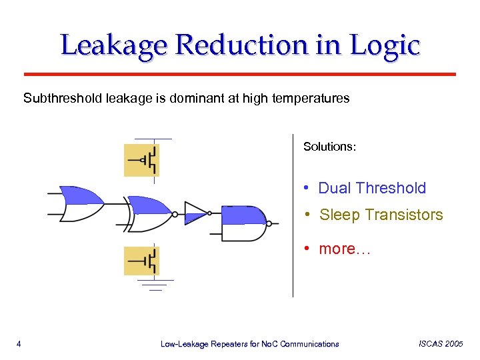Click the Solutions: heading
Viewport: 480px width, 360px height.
[329, 146]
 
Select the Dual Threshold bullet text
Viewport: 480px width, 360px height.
[371, 188]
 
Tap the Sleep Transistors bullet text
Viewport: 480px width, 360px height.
[381, 215]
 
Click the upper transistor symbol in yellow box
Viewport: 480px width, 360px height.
[141, 160]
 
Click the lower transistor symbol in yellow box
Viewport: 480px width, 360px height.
[141, 261]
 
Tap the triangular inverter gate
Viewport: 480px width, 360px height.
[196, 213]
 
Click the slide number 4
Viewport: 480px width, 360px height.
[19, 344]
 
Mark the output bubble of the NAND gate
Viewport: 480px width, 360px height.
[270, 223]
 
